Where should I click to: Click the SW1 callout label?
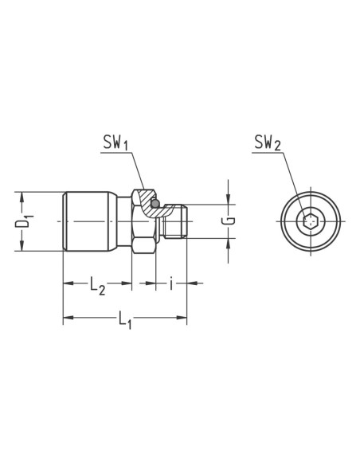pos(115,143)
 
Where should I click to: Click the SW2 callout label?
pos(268,143)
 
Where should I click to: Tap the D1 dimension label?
pos(24,221)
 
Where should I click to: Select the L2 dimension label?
pos(97,286)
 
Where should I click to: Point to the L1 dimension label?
pos(125,320)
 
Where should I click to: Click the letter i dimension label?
pos(171,283)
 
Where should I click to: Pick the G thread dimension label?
pos(229,221)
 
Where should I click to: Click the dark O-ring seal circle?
pos(155,204)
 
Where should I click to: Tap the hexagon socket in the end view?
pos(311,221)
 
